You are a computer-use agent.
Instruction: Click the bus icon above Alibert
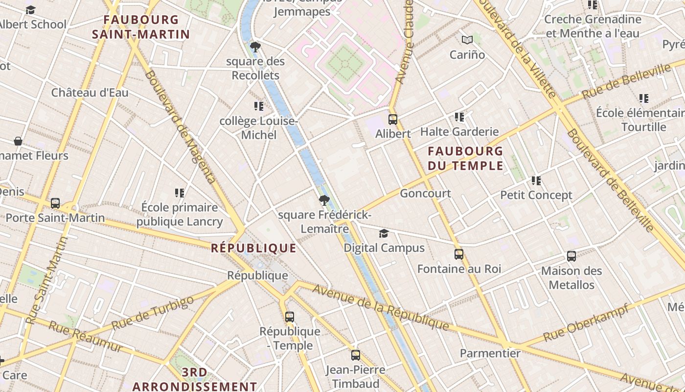pyautogui.click(x=392, y=119)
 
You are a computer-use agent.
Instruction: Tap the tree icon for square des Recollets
pyautogui.click(x=255, y=47)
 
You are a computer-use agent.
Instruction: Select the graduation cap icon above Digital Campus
pyautogui.click(x=384, y=233)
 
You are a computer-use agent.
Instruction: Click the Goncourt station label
pyautogui.click(x=425, y=193)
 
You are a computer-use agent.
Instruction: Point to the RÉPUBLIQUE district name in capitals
pyautogui.click(x=253, y=248)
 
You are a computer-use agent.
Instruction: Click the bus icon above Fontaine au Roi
pyautogui.click(x=458, y=254)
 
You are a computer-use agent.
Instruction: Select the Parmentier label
pyautogui.click(x=490, y=353)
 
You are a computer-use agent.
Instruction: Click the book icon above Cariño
pyautogui.click(x=467, y=40)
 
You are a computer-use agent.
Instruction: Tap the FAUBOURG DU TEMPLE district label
pyautogui.click(x=465, y=158)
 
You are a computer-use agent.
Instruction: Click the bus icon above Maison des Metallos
pyautogui.click(x=571, y=256)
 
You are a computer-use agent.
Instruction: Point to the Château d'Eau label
pyautogui.click(x=90, y=92)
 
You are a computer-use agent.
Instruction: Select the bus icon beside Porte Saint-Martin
pyautogui.click(x=55, y=203)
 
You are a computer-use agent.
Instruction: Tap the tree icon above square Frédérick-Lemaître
pyautogui.click(x=324, y=200)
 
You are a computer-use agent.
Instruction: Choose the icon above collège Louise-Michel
pyautogui.click(x=259, y=106)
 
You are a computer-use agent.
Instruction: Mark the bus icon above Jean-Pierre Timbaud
pyautogui.click(x=356, y=355)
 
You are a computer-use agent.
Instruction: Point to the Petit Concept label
pyautogui.click(x=536, y=195)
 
